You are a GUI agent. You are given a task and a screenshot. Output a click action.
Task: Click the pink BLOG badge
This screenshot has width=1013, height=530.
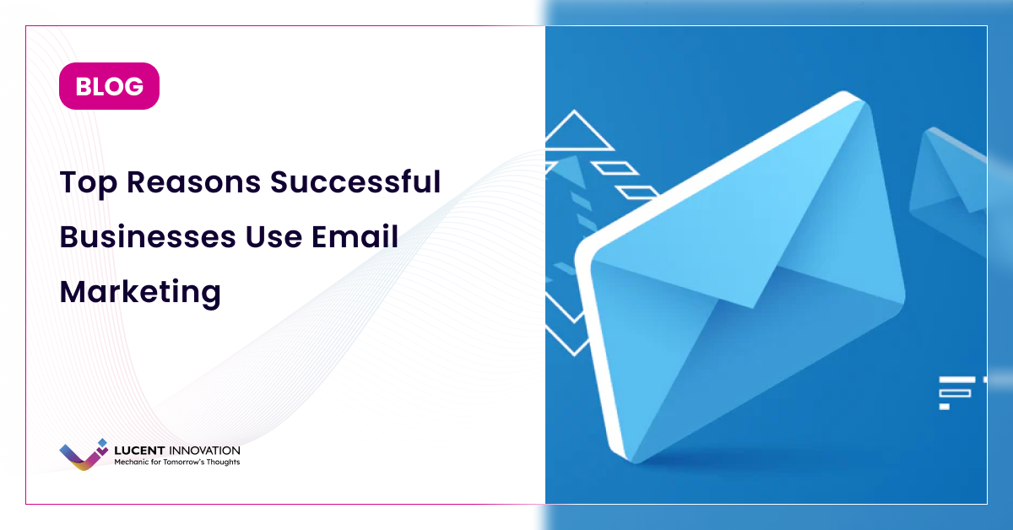coord(109,86)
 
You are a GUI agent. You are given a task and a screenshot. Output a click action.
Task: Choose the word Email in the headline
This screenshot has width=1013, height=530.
coord(356,237)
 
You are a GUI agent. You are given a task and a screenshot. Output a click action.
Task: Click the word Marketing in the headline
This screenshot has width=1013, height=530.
coord(140,293)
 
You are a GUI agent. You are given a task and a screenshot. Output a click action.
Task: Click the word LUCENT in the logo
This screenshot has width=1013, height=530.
coord(138,451)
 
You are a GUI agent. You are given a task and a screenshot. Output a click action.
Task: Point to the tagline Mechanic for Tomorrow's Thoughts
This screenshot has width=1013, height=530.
coord(176,462)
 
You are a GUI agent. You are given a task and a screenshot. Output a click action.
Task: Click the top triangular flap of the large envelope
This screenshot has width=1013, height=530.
coord(743,219)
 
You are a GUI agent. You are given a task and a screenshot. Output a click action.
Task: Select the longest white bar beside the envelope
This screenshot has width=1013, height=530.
coord(957,380)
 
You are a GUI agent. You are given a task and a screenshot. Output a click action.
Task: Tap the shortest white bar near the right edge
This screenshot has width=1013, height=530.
coord(945,407)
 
